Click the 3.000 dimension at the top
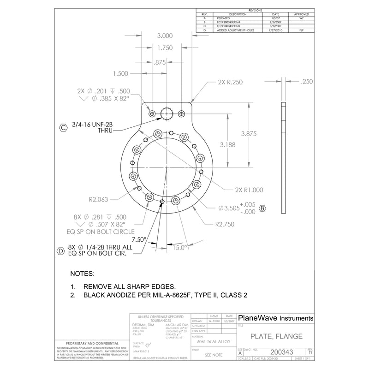pyautogui.click(x=165, y=36)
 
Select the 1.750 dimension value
pyautogui.click(x=165, y=48)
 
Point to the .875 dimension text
pyautogui.click(x=160, y=62)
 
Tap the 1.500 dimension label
pyautogui.click(x=120, y=74)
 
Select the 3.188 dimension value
pyautogui.click(x=230, y=145)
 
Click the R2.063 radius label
pyautogui.click(x=98, y=200)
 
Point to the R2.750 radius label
pyautogui.click(x=226, y=225)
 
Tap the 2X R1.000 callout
pyautogui.click(x=249, y=190)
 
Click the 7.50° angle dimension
pyautogui.click(x=138, y=239)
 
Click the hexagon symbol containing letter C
pyautogui.click(x=64, y=127)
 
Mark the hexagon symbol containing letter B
pyautogui.click(x=263, y=208)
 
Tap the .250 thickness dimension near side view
pyautogui.click(x=306, y=82)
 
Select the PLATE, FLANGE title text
pyautogui.click(x=276, y=336)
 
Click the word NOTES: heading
pyautogui.click(x=82, y=274)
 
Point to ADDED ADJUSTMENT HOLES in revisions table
pyautogui.click(x=235, y=30)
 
